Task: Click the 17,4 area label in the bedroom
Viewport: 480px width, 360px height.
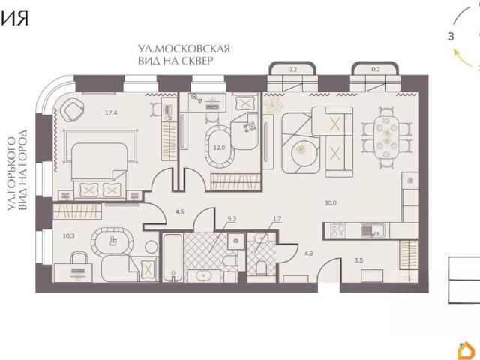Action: pos(111,112)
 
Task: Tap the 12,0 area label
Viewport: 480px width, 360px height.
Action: pos(219,148)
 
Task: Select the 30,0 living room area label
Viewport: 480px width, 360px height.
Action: pos(331,203)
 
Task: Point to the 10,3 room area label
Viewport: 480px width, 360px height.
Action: pos(68,235)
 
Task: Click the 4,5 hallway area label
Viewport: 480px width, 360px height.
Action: pos(180,211)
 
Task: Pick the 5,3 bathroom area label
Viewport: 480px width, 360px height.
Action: pos(232,219)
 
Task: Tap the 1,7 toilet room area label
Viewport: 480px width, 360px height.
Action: pos(277,219)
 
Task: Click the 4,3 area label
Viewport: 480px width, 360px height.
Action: pos(309,253)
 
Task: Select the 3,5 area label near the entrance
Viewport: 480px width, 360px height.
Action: pos(358,260)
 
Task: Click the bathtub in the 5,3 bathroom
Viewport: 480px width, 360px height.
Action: pos(172,257)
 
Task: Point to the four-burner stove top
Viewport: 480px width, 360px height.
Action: pos(338,230)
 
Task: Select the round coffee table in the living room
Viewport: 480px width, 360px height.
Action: pos(302,150)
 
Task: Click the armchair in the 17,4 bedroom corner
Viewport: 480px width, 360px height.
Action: pos(73,111)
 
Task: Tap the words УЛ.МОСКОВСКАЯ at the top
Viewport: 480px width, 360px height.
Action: pos(184,49)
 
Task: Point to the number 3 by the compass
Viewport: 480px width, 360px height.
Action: pos(451,37)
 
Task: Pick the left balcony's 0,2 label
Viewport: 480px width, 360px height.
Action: pos(292,69)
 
